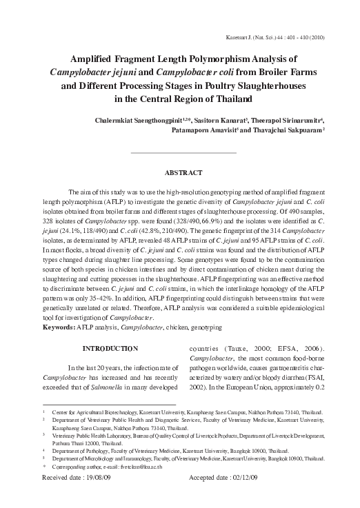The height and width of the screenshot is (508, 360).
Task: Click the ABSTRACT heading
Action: [183, 172]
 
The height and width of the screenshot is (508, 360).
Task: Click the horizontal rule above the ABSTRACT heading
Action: [183, 151]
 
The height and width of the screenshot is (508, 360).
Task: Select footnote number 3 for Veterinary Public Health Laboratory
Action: [45, 437]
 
